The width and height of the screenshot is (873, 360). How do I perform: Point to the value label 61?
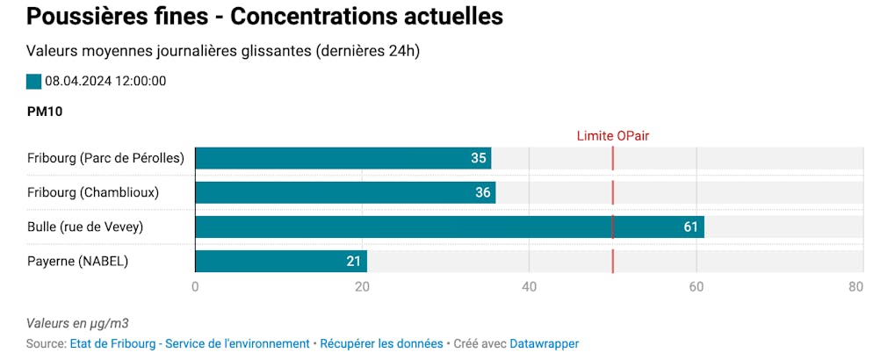coord(690,227)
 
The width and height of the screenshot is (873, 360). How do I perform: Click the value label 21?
coord(354,262)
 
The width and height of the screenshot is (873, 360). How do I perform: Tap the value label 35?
coord(478,158)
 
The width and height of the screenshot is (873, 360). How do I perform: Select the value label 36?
coord(482,192)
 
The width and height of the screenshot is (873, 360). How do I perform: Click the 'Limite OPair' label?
coord(612,135)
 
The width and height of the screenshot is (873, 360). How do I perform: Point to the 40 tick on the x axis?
coord(529,286)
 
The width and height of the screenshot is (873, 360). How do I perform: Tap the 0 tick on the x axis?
coord(195,286)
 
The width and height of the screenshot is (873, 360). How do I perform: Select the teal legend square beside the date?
coord(34,82)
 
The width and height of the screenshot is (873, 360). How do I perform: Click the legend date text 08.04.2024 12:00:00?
coord(105,82)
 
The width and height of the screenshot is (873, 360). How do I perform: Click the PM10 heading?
coord(45,112)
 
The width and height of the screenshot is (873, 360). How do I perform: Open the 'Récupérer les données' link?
coord(381,344)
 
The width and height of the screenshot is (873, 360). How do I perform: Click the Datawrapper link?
coord(544,344)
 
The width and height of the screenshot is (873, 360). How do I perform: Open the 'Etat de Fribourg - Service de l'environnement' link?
coord(190,344)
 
